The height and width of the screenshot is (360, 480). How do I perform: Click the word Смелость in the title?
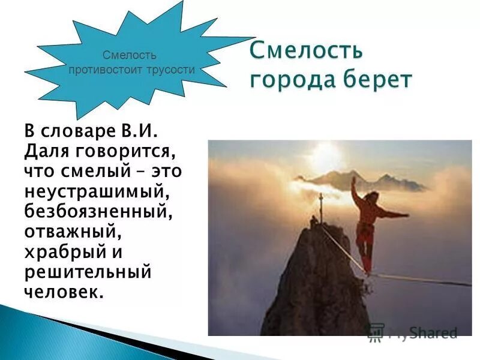coord(306,50)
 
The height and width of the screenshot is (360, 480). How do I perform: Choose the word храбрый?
coord(63,252)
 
